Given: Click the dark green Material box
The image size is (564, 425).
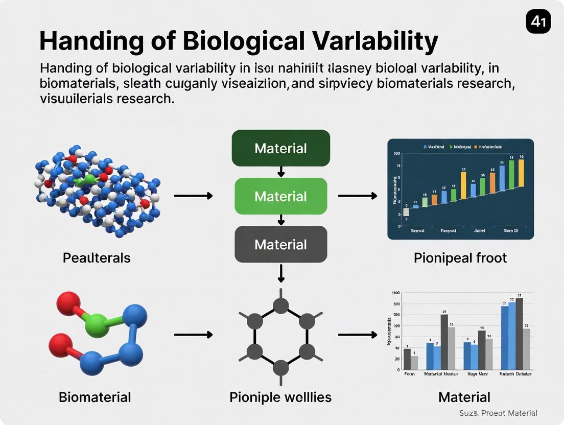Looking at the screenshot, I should [x=280, y=148].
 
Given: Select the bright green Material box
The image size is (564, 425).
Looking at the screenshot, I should [x=280, y=196].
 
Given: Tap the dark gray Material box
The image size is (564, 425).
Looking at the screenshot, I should [x=280, y=244].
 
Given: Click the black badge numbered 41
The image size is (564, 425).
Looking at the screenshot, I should [x=538, y=22].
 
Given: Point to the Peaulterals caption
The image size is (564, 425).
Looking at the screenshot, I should [x=97, y=258].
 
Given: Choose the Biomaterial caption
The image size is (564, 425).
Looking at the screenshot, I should [x=95, y=397].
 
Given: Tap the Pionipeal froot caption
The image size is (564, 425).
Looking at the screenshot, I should [x=460, y=258].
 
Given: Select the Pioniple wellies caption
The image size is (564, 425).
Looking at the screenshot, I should [x=280, y=397].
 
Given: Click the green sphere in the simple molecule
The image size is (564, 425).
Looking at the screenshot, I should [x=97, y=325].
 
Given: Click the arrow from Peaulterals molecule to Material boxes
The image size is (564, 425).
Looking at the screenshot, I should [x=193, y=196].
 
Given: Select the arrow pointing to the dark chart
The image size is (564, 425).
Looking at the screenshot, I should [x=358, y=196].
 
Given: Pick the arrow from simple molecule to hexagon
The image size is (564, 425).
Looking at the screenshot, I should [x=193, y=335].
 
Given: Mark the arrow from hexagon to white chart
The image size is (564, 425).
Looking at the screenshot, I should [x=358, y=335].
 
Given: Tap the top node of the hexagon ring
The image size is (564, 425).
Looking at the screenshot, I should [x=280, y=306].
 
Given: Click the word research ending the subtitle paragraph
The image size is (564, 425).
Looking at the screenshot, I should [x=143, y=99].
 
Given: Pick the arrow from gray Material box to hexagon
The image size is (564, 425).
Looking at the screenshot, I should [x=280, y=273].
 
